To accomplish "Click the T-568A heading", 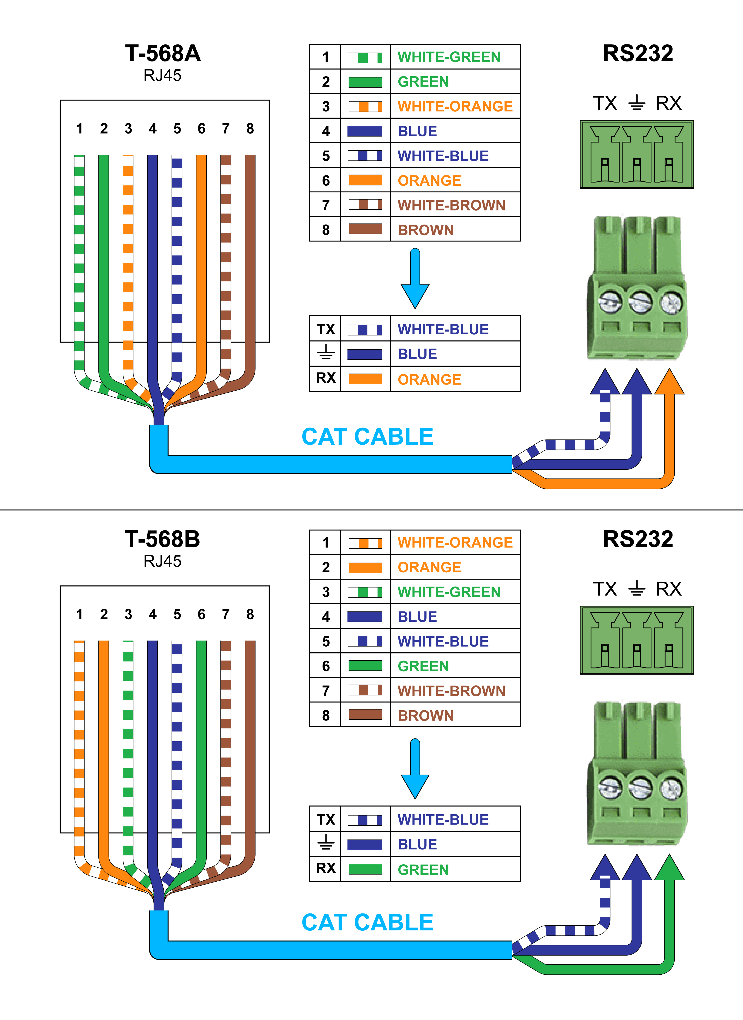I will (163, 54).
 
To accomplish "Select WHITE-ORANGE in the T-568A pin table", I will (455, 107).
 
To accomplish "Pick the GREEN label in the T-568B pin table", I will (423, 666).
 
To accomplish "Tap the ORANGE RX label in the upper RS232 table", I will (429, 379).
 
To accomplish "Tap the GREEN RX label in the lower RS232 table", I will (423, 870).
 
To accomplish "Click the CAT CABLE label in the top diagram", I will (367, 437).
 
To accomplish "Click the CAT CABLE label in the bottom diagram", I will (367, 923).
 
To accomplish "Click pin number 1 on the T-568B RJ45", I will (80, 614).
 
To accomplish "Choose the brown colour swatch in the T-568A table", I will (365, 229).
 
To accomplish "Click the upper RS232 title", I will (638, 54).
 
